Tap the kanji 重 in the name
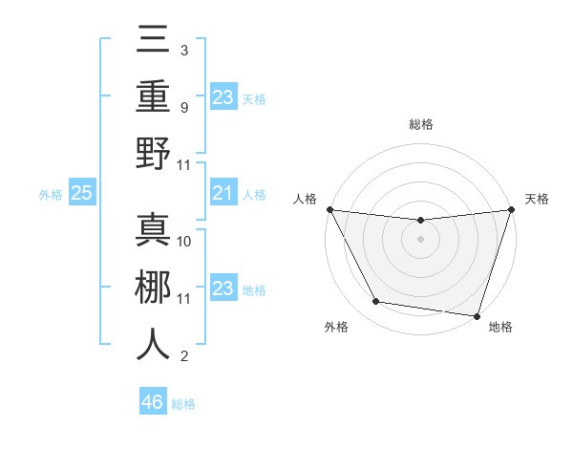[x=153, y=98]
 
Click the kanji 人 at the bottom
[x=153, y=344]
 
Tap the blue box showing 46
[x=153, y=402]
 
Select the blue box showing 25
[x=82, y=194]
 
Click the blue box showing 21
[x=223, y=194]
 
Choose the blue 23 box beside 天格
[x=223, y=96]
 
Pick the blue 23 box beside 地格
[x=223, y=289]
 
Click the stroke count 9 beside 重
[x=184, y=107]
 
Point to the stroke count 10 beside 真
[x=185, y=242]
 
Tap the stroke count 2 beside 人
[x=184, y=357]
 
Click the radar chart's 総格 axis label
[x=420, y=124]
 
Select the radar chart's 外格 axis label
[x=336, y=328]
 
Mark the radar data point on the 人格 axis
[x=329, y=209]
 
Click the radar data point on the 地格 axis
[x=477, y=315]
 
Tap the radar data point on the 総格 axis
[x=420, y=221]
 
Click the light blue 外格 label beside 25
[x=51, y=195]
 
